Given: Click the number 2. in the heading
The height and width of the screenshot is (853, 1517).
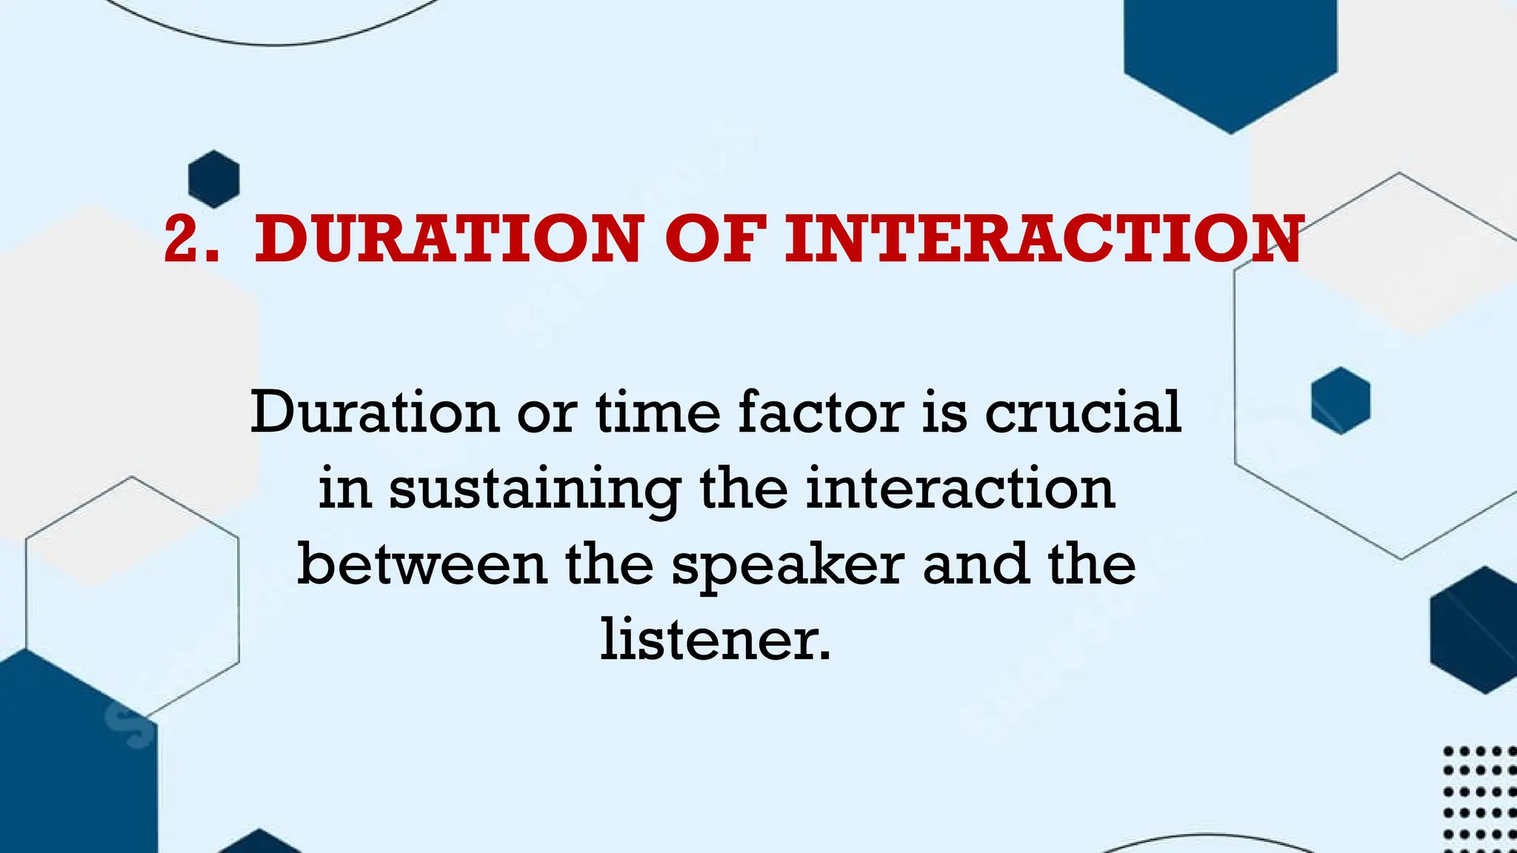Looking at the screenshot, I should click(191, 239).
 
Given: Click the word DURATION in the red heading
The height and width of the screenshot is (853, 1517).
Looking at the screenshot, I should click(447, 239).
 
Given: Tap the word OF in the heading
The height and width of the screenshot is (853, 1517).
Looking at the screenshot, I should click(715, 239).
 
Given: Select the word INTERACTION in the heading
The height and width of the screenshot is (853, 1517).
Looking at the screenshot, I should click(1043, 239).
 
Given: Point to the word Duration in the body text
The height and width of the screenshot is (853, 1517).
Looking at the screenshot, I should click(374, 412).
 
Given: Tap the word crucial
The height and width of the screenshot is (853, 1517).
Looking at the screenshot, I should click(1082, 412).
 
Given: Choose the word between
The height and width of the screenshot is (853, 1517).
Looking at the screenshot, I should click(422, 565).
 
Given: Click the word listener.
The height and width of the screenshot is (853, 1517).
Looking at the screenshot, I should click(716, 640).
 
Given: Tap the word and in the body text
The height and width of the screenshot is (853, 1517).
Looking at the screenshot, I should click(976, 565).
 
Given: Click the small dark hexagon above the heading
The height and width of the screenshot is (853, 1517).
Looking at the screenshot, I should click(214, 179).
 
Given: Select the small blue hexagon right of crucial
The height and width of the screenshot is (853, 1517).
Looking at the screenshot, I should click(1340, 401).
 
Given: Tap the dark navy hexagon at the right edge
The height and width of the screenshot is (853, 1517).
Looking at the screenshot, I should click(1474, 630).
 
